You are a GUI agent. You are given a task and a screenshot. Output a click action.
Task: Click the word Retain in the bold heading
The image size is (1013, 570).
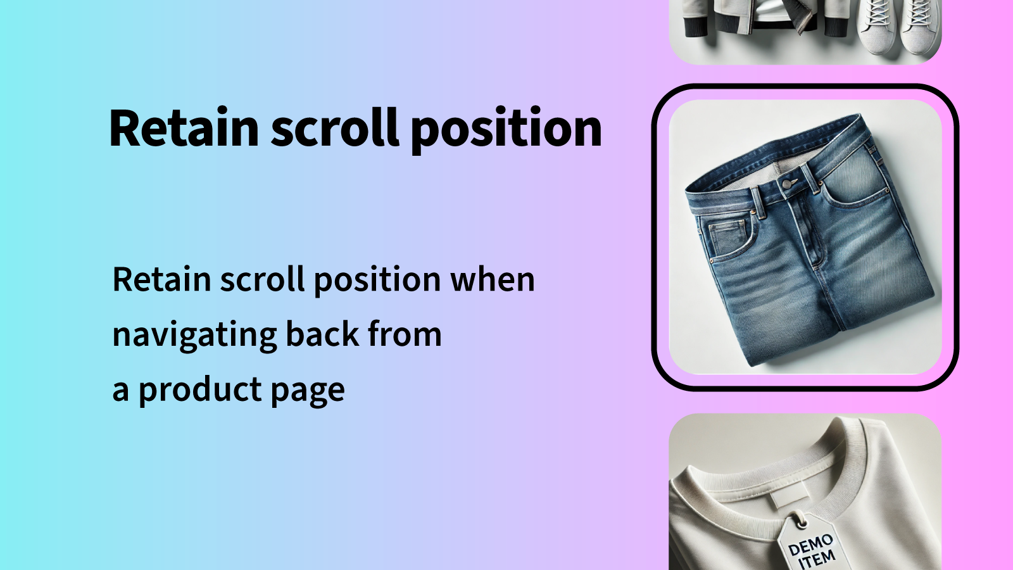pos(184,129)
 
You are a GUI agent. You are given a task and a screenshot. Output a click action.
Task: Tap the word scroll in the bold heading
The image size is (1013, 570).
pos(335,129)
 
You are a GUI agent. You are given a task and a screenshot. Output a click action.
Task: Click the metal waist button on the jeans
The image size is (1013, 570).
pos(786,184)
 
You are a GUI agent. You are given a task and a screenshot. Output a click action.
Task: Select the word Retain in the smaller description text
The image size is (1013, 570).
pos(161,279)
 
